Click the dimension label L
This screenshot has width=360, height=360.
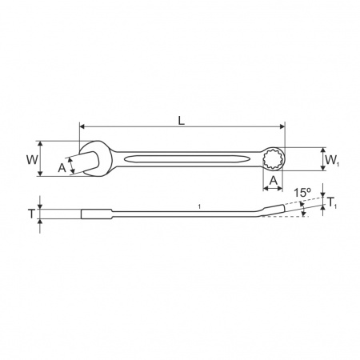182,121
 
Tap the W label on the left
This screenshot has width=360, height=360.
32,160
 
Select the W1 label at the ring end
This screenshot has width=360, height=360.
331,160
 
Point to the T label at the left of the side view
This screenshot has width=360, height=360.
31,214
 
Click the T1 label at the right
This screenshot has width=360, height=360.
332,202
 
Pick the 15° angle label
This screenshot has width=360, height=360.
302,193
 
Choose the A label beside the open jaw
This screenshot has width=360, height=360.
62,168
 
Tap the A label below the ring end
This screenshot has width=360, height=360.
273,181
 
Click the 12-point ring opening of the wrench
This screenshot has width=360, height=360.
274,159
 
